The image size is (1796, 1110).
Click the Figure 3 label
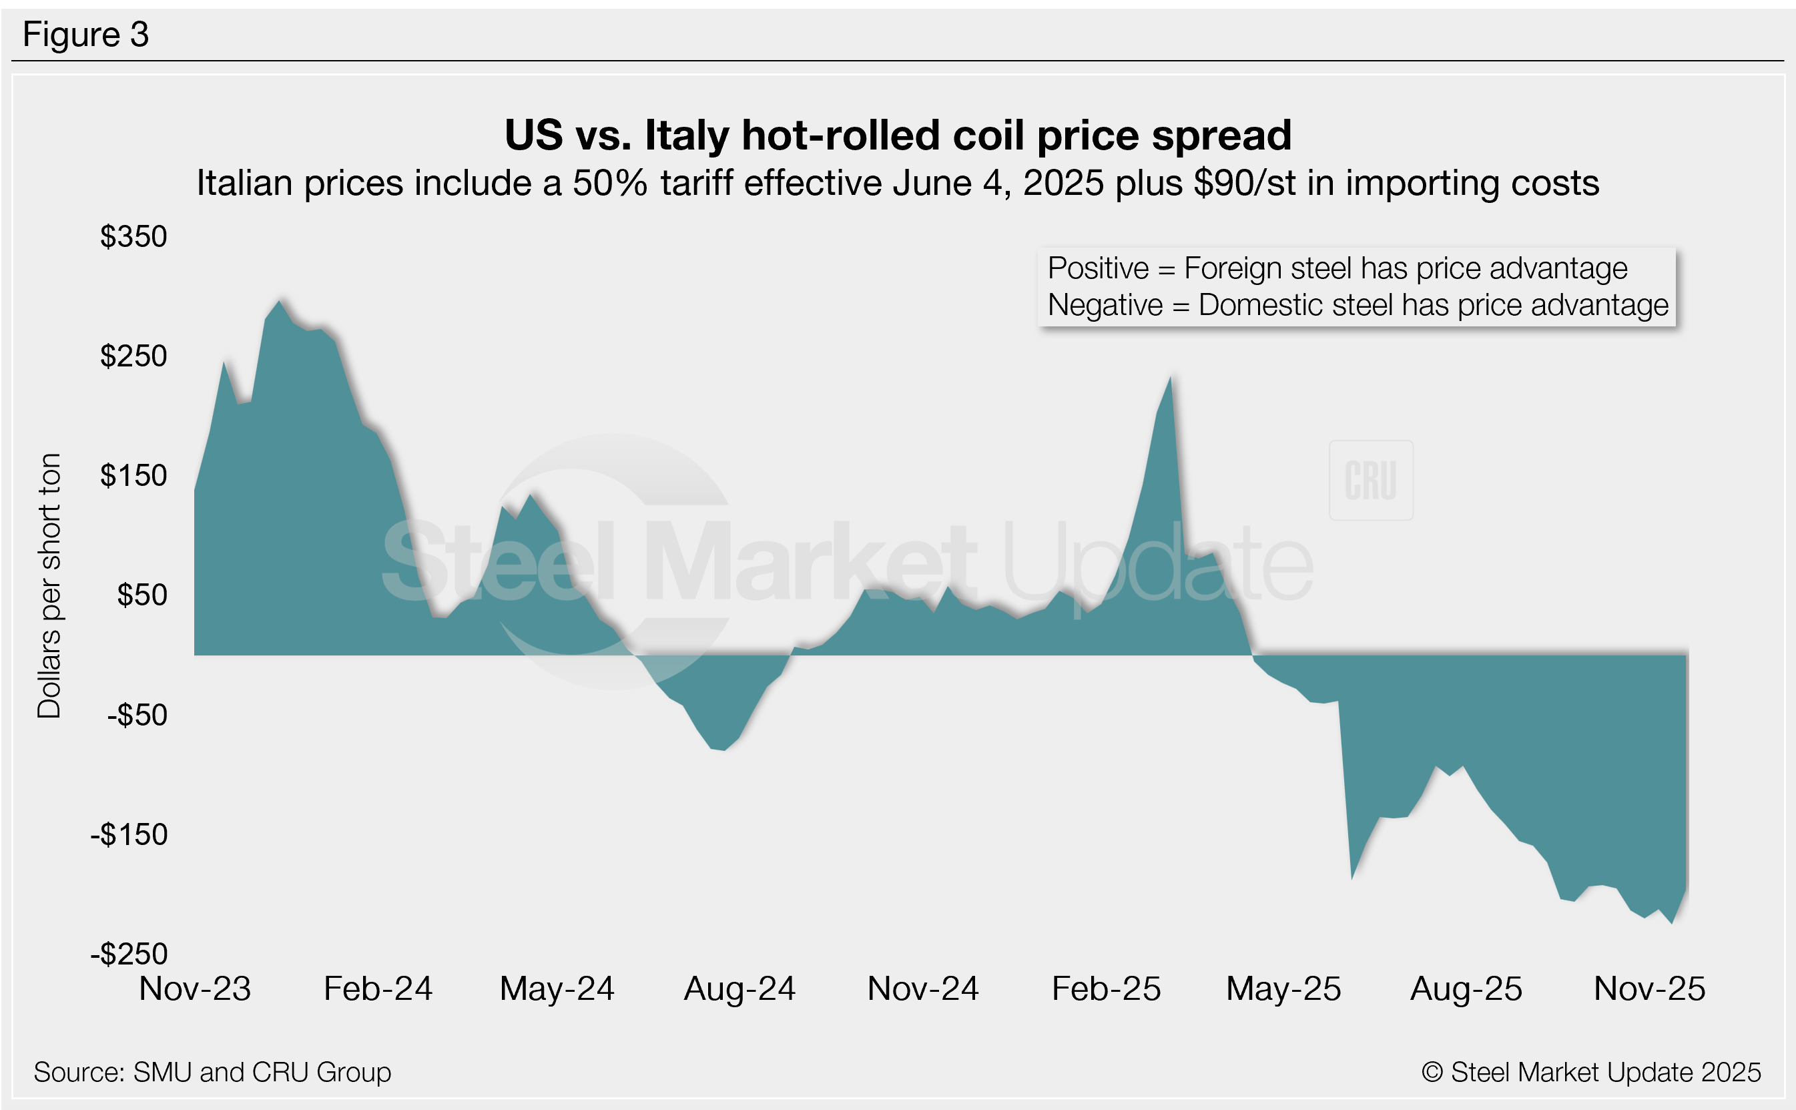(86, 35)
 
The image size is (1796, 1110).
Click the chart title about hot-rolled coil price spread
(898, 135)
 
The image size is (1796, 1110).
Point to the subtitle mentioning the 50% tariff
(898, 183)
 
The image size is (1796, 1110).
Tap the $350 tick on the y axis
(133, 236)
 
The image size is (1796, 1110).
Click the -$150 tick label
(129, 835)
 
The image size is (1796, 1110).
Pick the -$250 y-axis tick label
(129, 954)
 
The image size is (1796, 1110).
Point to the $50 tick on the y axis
(142, 595)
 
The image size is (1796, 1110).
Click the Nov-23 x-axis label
(196, 989)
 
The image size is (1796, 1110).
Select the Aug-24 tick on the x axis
(740, 989)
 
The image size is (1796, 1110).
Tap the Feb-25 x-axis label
(1106, 989)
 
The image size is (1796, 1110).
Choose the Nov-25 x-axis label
(1649, 989)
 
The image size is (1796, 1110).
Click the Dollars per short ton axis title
(49, 585)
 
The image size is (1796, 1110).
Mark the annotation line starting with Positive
(1337, 269)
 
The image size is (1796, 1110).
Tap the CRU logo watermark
(1370, 481)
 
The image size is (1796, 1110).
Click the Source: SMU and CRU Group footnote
(212, 1073)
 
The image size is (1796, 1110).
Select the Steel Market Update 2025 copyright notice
(1590, 1073)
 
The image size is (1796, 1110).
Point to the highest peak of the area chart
(279, 302)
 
